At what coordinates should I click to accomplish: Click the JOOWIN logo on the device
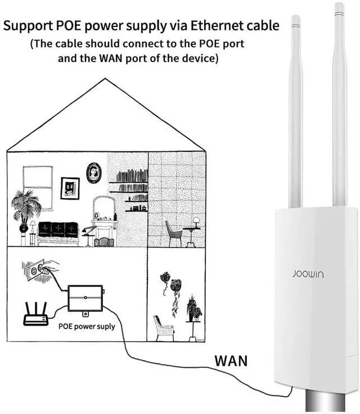308,274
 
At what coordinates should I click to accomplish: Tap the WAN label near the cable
231,361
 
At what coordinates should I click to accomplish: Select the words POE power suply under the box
87,327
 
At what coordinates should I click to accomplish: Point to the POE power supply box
85,298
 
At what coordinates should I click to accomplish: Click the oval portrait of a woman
94,173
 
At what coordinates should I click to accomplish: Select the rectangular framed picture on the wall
70,188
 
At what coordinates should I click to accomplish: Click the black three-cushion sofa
58,229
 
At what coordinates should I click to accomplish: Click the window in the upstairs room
38,188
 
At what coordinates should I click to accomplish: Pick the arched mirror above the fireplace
104,208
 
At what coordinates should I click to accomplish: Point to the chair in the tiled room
174,233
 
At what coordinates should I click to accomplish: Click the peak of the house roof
105,78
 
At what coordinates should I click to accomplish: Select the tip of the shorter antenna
295,16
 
